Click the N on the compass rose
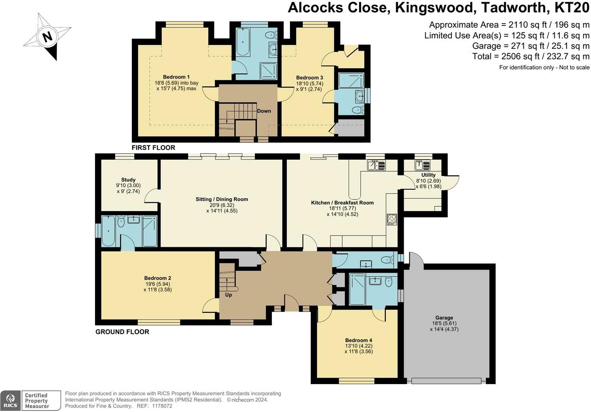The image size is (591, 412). tap(48, 36)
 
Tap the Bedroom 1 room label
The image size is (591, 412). tap(176, 77)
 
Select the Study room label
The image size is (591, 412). tap(128, 180)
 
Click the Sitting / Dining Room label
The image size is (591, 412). tap(222, 199)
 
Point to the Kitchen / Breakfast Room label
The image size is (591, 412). tap(343, 203)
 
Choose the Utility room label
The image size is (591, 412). tap(428, 175)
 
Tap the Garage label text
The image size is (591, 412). tap(444, 318)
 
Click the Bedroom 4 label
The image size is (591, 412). tap(359, 340)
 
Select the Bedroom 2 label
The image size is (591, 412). tap(157, 278)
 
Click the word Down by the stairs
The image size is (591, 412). tap(264, 111)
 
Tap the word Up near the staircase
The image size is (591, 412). tap(228, 295)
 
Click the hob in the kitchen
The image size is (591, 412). tap(392, 219)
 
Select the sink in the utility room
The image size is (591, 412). tap(422, 165)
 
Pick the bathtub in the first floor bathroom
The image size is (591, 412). tap(243, 42)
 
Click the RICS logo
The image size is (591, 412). tap(10, 401)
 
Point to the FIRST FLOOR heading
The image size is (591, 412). tap(153, 148)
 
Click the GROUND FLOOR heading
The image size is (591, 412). tap(122, 332)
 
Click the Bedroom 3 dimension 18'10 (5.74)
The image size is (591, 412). tap(309, 83)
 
